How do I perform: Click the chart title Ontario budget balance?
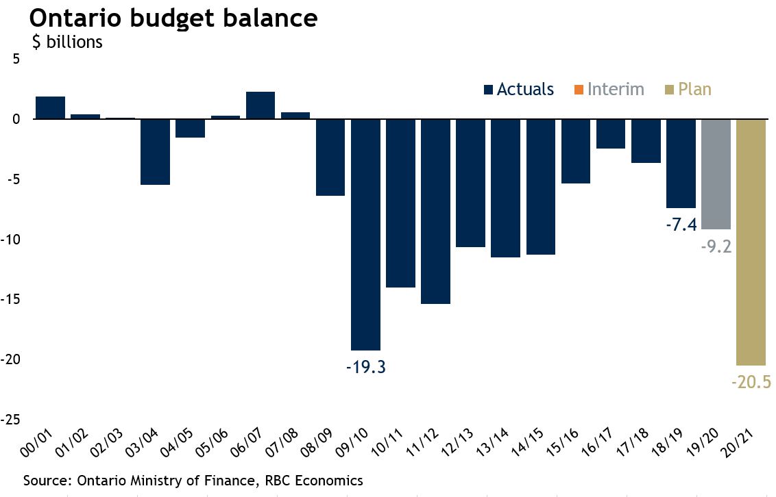(173, 18)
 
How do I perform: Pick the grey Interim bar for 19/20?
(716, 174)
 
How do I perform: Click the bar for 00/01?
(51, 108)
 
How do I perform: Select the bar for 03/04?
(156, 151)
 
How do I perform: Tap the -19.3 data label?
(365, 367)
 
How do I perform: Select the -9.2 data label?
(716, 246)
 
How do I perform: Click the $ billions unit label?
(67, 41)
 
